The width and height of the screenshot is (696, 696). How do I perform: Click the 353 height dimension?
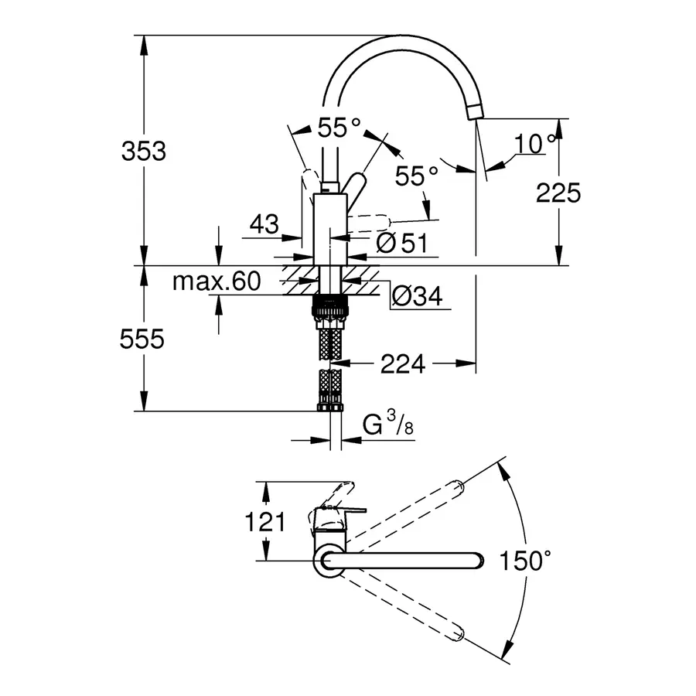[144, 152]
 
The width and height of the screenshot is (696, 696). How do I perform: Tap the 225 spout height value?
[558, 193]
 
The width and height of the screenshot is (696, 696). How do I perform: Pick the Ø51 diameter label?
[401, 243]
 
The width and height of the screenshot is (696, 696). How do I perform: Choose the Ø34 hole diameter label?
[417, 295]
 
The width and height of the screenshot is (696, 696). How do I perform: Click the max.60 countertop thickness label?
[216, 281]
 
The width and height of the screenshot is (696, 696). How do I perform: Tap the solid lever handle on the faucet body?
[357, 189]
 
